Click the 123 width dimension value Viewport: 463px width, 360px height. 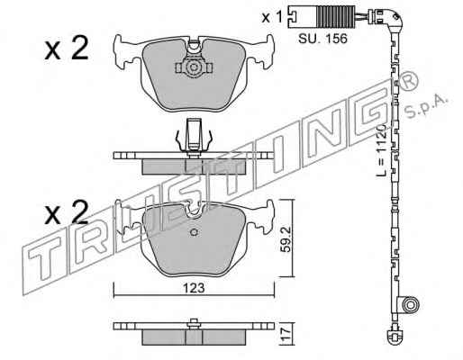[x=194, y=288]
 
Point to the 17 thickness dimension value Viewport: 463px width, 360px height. [x=286, y=334]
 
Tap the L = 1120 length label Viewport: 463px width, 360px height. [x=381, y=150]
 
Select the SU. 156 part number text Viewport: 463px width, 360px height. [x=322, y=39]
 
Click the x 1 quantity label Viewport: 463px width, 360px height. [x=272, y=17]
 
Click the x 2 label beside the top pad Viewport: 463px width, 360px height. [x=67, y=48]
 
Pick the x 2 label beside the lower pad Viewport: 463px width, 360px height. [x=67, y=212]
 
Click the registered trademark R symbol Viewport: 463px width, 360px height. [x=409, y=79]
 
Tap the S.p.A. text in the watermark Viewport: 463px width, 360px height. [x=426, y=105]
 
